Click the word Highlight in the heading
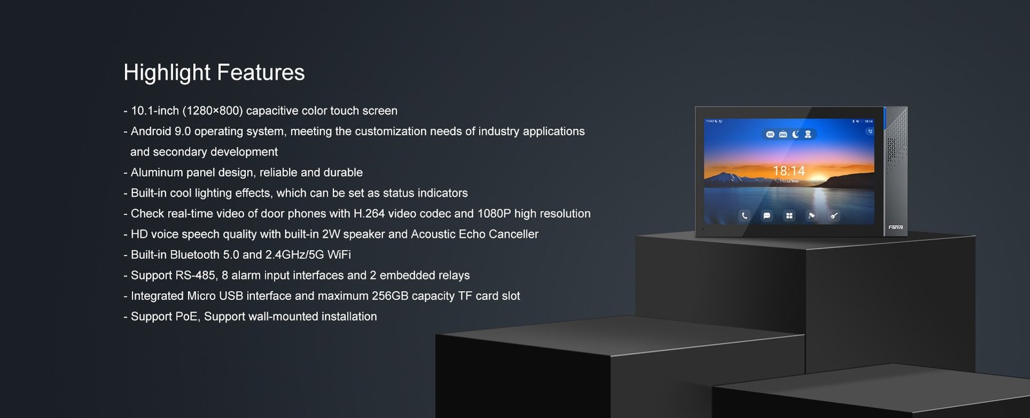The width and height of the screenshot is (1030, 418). click(167, 73)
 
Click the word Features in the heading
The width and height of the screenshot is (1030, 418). click(260, 72)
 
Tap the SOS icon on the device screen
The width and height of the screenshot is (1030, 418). click(770, 134)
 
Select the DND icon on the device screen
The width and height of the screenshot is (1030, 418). click(783, 134)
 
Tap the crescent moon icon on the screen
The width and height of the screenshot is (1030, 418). click(795, 134)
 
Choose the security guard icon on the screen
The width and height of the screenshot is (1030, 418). click(808, 134)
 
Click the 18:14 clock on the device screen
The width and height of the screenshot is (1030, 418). click(789, 171)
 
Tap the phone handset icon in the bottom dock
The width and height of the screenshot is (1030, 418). click(744, 216)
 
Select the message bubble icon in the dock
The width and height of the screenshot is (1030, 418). click(767, 216)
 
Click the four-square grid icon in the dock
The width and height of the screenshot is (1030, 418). click(789, 216)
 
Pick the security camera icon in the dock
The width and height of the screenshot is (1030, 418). click(812, 216)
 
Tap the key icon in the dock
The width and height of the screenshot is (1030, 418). click(834, 216)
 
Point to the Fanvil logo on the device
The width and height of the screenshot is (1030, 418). click(895, 227)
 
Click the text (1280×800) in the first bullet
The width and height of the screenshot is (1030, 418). click(212, 111)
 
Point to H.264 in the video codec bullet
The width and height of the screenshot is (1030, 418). click(369, 214)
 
